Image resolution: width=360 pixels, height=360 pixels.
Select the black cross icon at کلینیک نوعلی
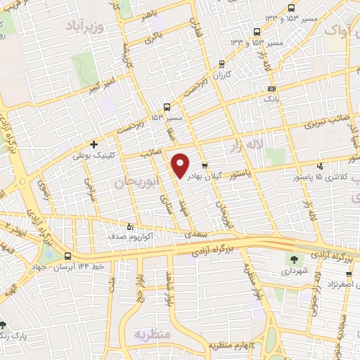(94, 144)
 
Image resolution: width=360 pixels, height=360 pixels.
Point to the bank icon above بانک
(272, 89)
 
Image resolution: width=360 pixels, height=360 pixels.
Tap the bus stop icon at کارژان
(222, 63)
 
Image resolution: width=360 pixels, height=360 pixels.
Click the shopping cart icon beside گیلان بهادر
(205, 167)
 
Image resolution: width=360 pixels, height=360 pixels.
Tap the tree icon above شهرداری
(290, 257)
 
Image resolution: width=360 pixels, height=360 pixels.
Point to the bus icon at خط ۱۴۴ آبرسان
(67, 257)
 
